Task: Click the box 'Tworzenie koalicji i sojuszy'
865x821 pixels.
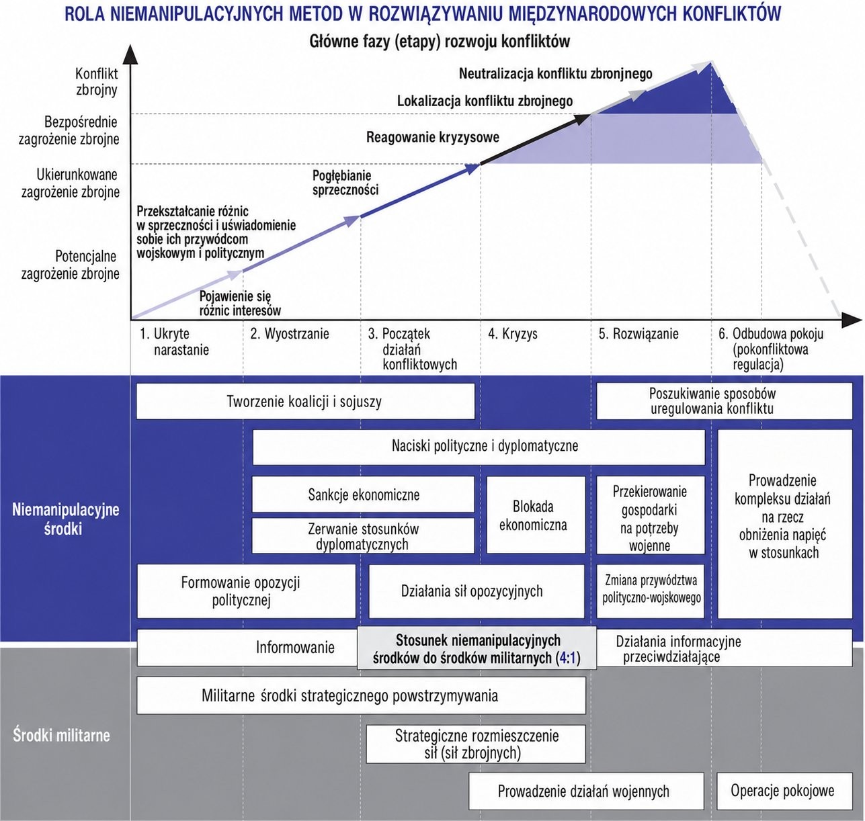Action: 305,401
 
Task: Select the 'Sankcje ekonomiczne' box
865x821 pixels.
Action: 364,494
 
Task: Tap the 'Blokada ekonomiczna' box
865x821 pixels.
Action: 536,515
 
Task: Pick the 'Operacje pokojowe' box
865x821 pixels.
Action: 784,791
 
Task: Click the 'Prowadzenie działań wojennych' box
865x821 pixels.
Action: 586,791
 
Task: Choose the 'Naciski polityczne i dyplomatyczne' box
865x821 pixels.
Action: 479,447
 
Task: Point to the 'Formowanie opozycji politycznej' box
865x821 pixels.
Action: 247,591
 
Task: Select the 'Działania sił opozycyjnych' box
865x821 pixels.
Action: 477,591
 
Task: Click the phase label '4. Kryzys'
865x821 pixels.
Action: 513,334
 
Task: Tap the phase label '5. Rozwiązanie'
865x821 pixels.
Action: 639,334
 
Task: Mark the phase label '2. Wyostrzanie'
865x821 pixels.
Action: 290,334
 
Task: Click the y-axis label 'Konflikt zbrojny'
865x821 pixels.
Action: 97,81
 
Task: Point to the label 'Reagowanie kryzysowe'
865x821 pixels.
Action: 433,137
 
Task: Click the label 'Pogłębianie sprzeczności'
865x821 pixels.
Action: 345,183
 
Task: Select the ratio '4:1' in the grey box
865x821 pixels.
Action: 567,658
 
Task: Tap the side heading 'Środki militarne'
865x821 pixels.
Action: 61,735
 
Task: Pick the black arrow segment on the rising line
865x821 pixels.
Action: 535,140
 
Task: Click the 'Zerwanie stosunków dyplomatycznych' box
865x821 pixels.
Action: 364,535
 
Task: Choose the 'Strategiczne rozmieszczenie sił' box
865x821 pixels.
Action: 476,744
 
